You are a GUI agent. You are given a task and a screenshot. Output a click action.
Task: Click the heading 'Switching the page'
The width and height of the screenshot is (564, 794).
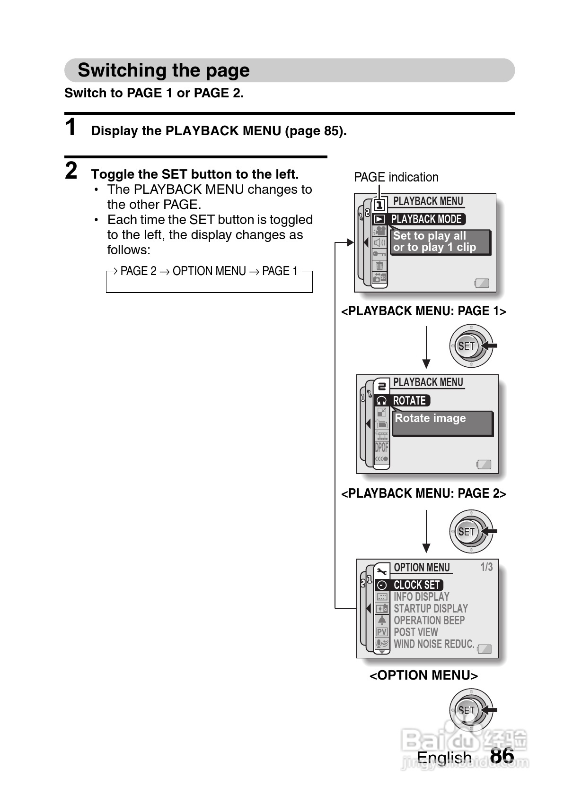(x=164, y=70)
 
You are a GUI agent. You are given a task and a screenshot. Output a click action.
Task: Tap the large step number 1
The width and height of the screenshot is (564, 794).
(x=71, y=128)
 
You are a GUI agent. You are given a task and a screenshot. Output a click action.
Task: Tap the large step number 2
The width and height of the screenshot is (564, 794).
(x=71, y=171)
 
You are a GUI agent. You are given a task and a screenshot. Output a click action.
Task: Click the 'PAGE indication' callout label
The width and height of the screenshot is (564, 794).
(x=396, y=177)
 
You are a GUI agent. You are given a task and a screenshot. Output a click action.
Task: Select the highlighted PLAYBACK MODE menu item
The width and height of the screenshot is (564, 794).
(x=425, y=219)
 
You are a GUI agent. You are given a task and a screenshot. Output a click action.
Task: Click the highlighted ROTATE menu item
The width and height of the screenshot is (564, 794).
(x=409, y=401)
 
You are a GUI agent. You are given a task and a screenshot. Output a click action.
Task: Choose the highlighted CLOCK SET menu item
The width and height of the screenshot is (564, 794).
(x=416, y=585)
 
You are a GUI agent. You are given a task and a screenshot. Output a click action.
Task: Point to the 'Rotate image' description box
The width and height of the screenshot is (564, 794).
(x=442, y=423)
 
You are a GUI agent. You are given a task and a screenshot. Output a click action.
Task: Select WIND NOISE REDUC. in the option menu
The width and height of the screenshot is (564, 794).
(x=433, y=644)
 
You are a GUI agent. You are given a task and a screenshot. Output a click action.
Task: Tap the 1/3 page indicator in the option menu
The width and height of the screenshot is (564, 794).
(x=486, y=567)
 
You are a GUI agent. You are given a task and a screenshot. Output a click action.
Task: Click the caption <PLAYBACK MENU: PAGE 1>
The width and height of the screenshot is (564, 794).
(x=423, y=311)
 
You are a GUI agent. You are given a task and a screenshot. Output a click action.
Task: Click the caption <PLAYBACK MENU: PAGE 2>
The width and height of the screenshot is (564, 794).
(x=423, y=493)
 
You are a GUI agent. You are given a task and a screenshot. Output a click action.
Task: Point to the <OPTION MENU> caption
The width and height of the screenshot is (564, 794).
(x=423, y=675)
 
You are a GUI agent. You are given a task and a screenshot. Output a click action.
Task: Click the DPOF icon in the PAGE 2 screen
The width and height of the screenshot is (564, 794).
(x=381, y=447)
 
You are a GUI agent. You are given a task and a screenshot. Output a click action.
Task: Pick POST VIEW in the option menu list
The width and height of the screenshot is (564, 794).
(x=415, y=632)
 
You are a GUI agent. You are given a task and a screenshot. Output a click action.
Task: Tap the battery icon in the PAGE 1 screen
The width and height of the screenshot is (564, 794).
(x=482, y=283)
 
